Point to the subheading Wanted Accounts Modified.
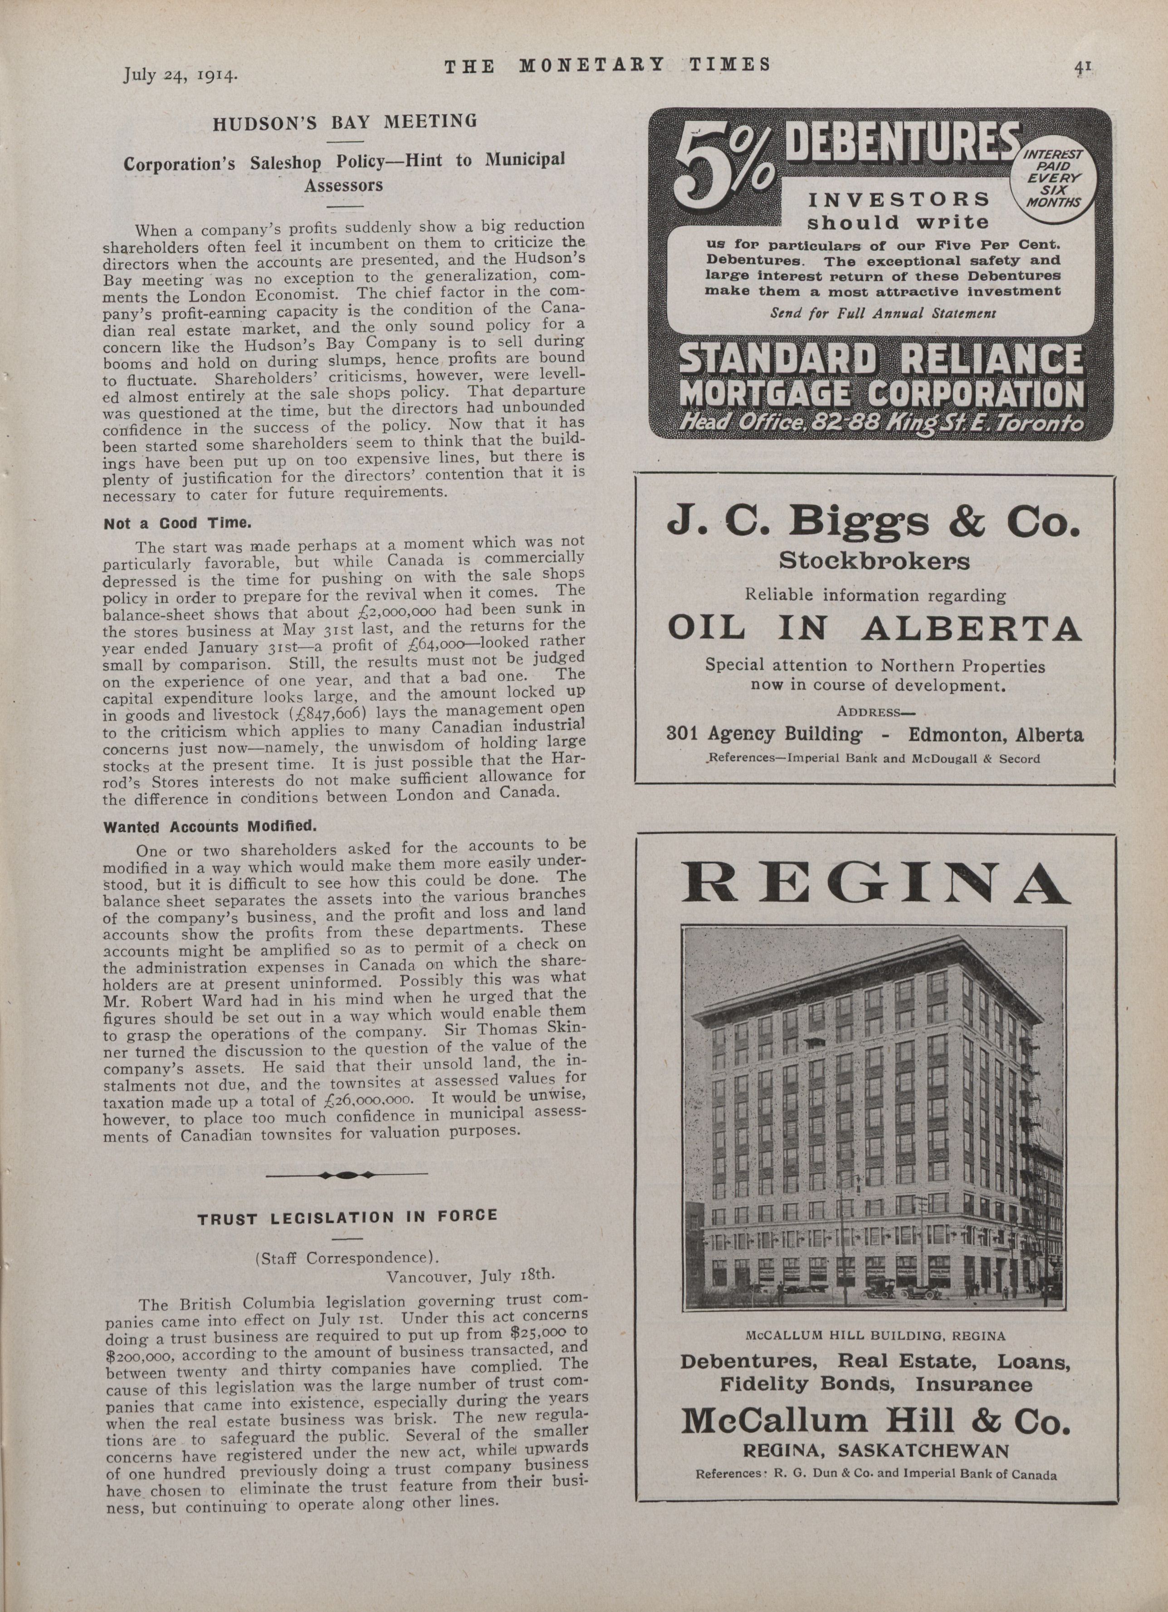click(x=209, y=827)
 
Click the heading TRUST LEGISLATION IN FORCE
click(x=347, y=1216)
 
